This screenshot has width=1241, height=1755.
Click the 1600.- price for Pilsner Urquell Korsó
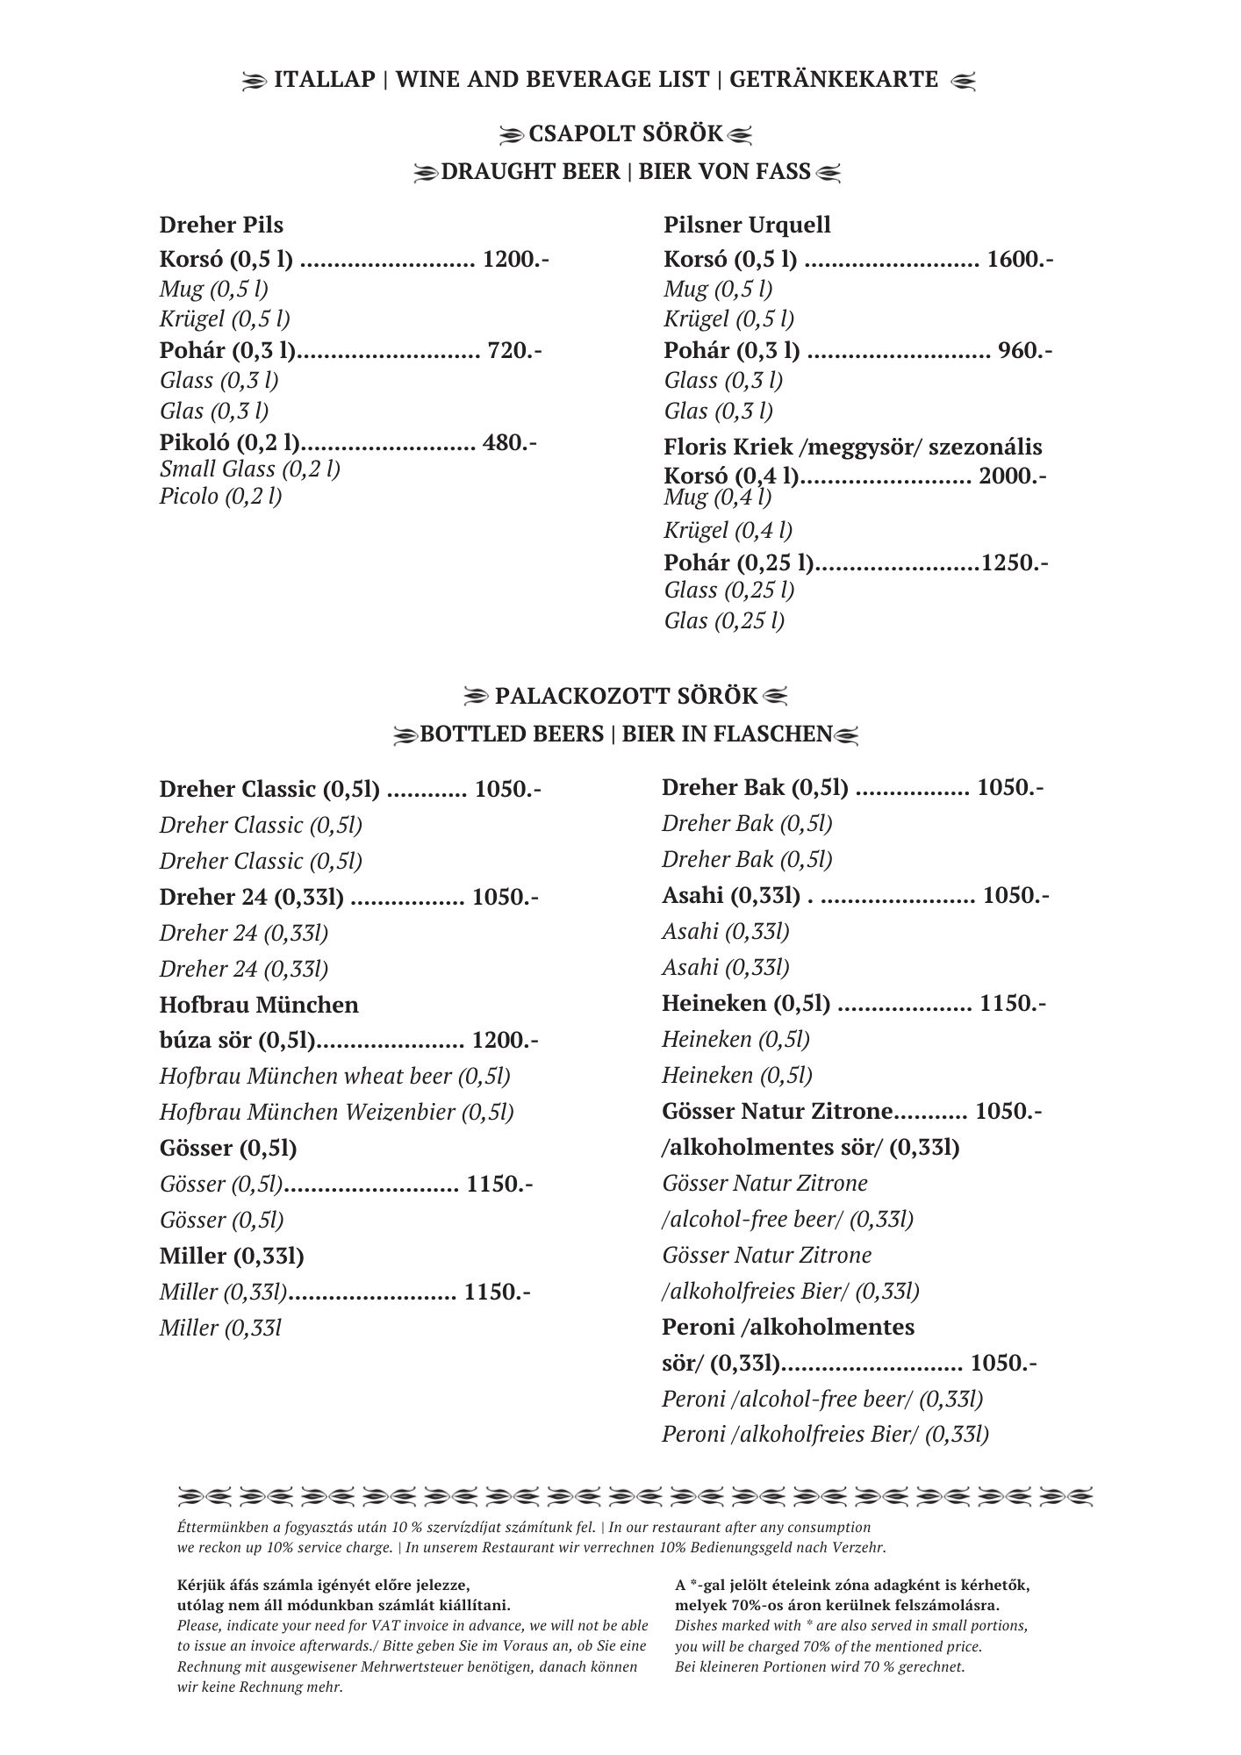coord(1020,260)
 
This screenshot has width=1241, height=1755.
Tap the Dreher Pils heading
coord(221,226)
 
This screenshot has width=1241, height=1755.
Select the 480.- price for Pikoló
coord(510,442)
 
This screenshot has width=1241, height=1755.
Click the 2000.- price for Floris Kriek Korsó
coord(1012,476)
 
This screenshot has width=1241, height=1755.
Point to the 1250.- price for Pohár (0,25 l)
coord(1015,562)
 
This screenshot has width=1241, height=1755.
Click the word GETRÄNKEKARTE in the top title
coord(834,80)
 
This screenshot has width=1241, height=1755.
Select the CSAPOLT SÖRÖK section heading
coord(625,135)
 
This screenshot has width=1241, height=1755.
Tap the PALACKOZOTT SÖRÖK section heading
coord(625,697)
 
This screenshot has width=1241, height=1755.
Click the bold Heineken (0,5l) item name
coord(746,1003)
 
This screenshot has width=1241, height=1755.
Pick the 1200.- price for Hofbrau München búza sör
coord(505,1041)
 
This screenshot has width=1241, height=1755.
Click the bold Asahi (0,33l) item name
coord(731,895)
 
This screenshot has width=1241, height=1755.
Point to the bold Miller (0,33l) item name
coord(232,1257)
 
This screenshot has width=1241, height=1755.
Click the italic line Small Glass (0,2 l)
coord(250,469)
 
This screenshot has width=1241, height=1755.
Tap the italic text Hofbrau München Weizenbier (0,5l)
coord(336,1113)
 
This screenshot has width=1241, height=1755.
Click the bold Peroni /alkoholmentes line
coord(787,1327)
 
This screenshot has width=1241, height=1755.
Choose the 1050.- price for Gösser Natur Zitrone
coord(1008,1112)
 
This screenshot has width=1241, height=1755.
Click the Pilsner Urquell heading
coord(747,226)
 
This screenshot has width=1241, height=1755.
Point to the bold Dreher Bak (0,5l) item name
coord(755,788)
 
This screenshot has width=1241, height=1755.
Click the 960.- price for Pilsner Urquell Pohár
coord(1025,351)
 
